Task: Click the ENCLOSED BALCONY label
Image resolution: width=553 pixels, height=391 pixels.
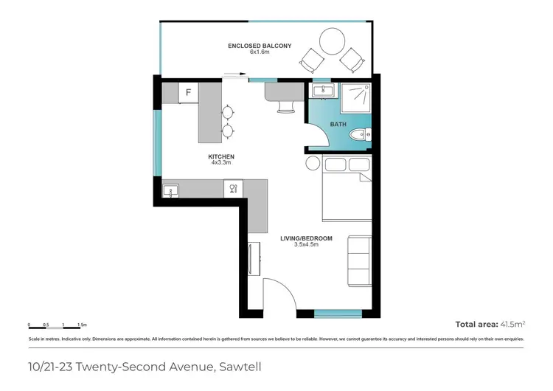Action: pos(259,46)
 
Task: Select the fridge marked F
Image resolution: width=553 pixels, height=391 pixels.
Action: pos(189,92)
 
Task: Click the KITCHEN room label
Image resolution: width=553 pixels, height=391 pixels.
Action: pos(221,156)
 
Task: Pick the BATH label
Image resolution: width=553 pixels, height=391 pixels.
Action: pos(338,125)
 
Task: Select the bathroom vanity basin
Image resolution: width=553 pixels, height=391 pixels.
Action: pos(321,91)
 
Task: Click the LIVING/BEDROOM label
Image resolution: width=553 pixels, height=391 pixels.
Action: pos(306,238)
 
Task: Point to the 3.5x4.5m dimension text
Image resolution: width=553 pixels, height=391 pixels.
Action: pos(306,245)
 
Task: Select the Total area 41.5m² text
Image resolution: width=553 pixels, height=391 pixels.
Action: pos(490,324)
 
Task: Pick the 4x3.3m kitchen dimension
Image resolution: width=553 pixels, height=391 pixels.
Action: pos(221,163)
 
